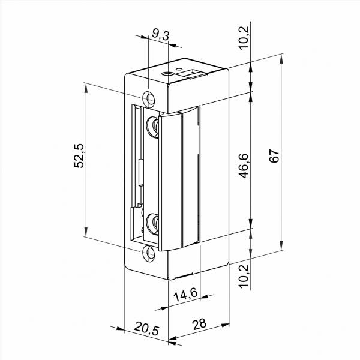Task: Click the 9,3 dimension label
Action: coord(160,35)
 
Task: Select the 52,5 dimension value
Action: coord(79,156)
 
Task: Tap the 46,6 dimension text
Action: coord(244,166)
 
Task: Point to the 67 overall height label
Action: coord(274,156)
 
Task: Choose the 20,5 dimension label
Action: coord(147,328)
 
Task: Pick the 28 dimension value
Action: coord(199,324)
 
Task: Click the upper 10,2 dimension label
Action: coord(244,38)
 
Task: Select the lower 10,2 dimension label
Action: coord(244,276)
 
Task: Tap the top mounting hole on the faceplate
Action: coord(148,100)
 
